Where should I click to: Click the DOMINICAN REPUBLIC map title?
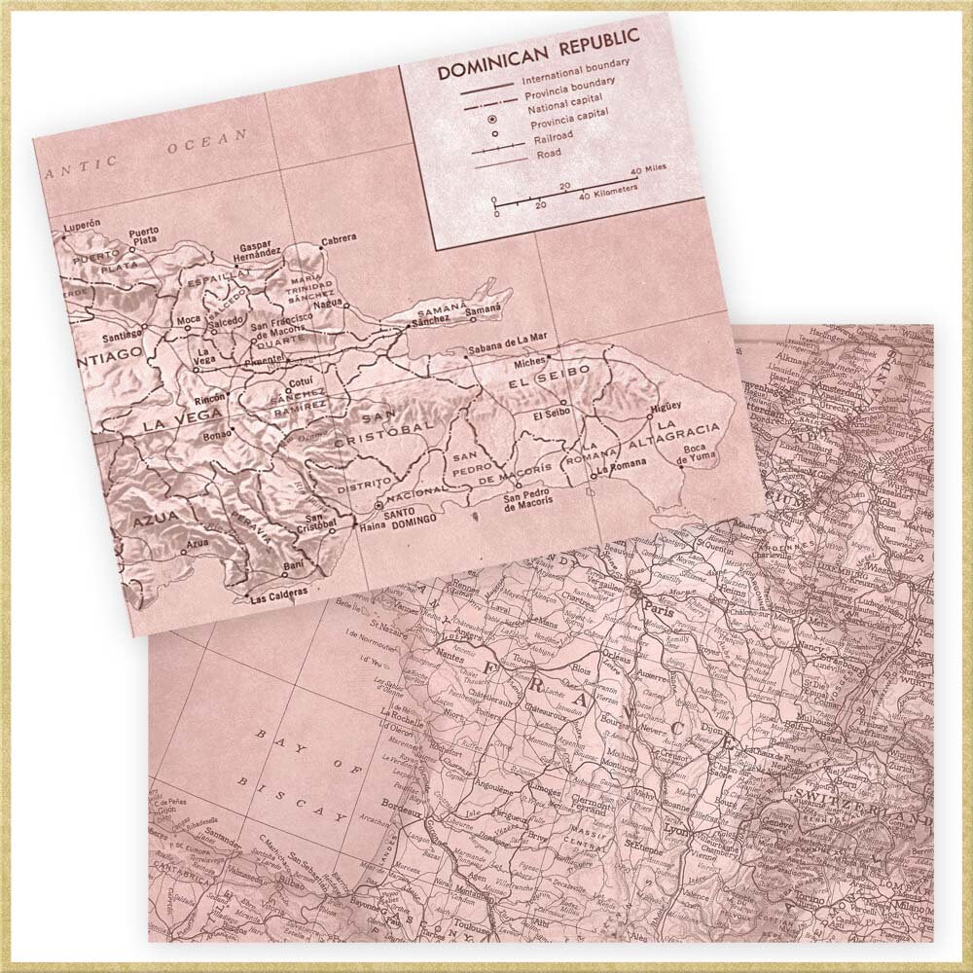[537, 54]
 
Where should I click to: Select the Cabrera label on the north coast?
[338, 237]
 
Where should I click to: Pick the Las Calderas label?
[279, 592]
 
